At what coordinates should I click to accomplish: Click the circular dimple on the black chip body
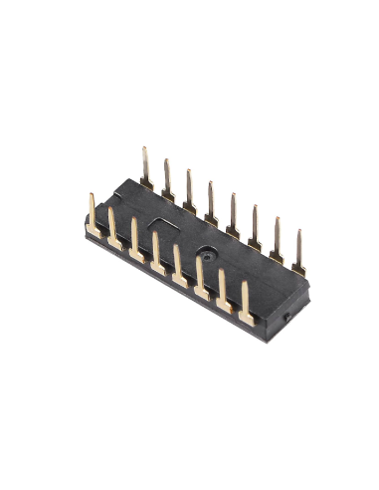205,252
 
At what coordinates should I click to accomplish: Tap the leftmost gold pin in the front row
92,214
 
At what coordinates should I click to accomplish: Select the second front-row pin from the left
113,231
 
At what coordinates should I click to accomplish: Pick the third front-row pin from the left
135,242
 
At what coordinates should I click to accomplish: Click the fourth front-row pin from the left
157,254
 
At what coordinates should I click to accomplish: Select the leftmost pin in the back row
145,167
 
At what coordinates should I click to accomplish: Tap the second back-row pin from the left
167,179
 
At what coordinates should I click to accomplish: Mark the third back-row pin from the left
189,190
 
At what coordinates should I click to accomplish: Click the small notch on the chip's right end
285,317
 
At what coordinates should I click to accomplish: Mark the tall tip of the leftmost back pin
144,151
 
